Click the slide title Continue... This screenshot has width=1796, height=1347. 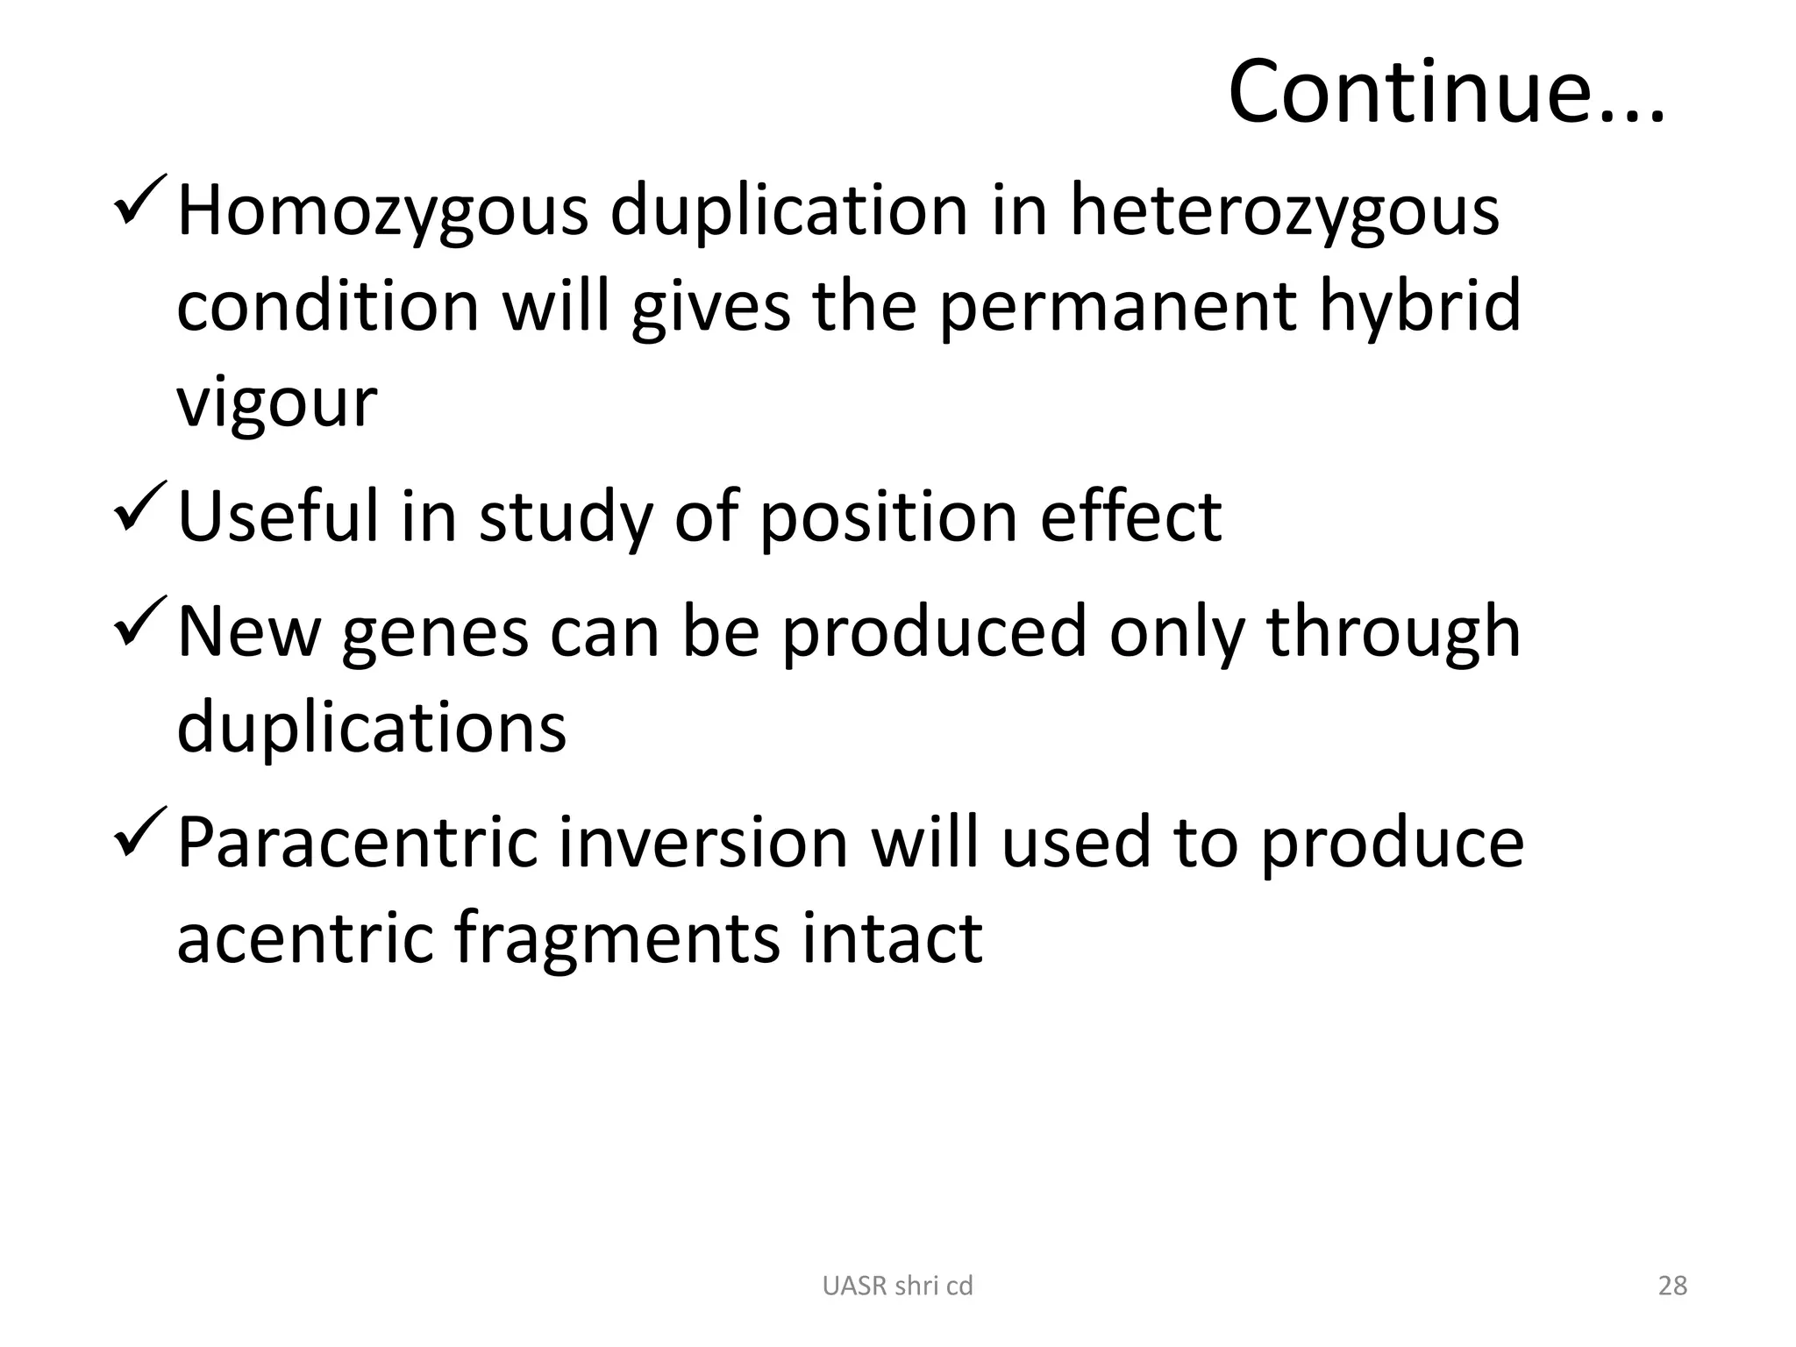(x=1445, y=92)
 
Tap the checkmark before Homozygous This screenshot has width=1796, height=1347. (x=140, y=201)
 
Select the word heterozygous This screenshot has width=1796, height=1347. (x=1284, y=213)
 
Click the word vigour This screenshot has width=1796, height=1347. (x=277, y=403)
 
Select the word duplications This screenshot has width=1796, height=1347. (x=372, y=728)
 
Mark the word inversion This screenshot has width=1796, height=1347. (x=702, y=843)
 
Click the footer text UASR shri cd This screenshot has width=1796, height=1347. (x=897, y=1286)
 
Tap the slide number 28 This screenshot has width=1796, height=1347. (x=1672, y=1286)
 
